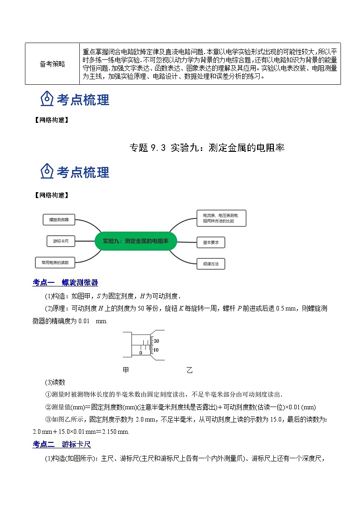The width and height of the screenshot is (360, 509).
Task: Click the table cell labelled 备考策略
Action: pos(52,64)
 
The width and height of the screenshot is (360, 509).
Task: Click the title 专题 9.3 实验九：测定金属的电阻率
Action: pos(207,147)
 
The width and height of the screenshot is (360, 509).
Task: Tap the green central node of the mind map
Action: pos(136,241)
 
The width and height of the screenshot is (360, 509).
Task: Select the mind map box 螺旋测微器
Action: pos(59,219)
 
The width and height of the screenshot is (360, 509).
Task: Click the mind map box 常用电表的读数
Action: pos(55,262)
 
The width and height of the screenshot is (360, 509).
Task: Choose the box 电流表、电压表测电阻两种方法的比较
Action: pos(221,218)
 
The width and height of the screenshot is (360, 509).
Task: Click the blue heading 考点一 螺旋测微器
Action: pos(65,283)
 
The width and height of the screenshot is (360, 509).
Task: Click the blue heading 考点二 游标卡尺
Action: pos(62,445)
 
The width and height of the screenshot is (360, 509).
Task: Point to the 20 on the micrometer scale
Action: pos(156,341)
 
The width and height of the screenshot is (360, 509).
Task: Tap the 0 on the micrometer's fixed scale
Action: pos(141,353)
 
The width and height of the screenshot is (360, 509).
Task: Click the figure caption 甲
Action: pos(126,370)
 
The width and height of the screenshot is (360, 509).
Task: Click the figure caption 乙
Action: pos(190,370)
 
